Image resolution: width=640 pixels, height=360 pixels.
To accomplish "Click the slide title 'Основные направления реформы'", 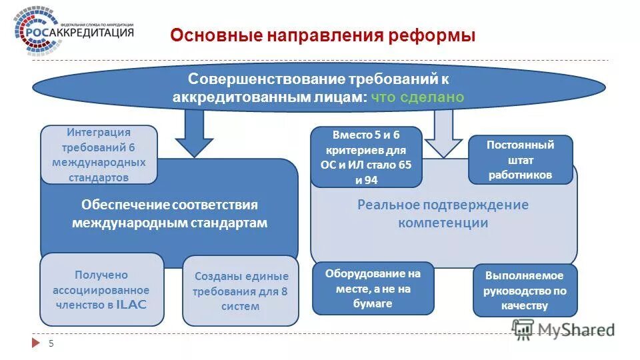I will tap(323, 35).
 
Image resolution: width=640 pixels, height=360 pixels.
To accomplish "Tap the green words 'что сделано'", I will tap(417, 97).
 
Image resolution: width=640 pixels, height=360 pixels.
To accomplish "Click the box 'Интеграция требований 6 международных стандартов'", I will tap(99, 155).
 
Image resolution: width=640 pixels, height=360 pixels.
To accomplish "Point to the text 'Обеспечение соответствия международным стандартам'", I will tap(169, 214).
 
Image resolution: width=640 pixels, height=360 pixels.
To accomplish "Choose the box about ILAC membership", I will tap(101, 289).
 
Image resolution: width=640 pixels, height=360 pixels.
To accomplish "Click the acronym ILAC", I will tap(131, 305).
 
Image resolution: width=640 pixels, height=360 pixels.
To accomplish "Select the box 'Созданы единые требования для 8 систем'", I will tap(241, 291).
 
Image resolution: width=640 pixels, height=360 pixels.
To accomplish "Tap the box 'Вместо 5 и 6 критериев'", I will tap(367, 157).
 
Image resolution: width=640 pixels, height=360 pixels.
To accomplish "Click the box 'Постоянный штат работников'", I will tap(520, 160).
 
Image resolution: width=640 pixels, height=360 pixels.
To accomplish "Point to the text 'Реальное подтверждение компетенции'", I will tap(443, 213).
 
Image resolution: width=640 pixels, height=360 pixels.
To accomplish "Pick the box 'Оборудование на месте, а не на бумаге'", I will tap(373, 288).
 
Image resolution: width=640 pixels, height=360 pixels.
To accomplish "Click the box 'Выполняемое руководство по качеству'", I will tap(525, 291).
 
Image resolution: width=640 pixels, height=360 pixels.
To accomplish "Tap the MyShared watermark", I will tap(563, 329).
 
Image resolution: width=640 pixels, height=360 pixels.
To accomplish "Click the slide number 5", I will tap(51, 343).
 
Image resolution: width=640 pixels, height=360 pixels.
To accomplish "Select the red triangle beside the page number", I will tap(36, 343).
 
